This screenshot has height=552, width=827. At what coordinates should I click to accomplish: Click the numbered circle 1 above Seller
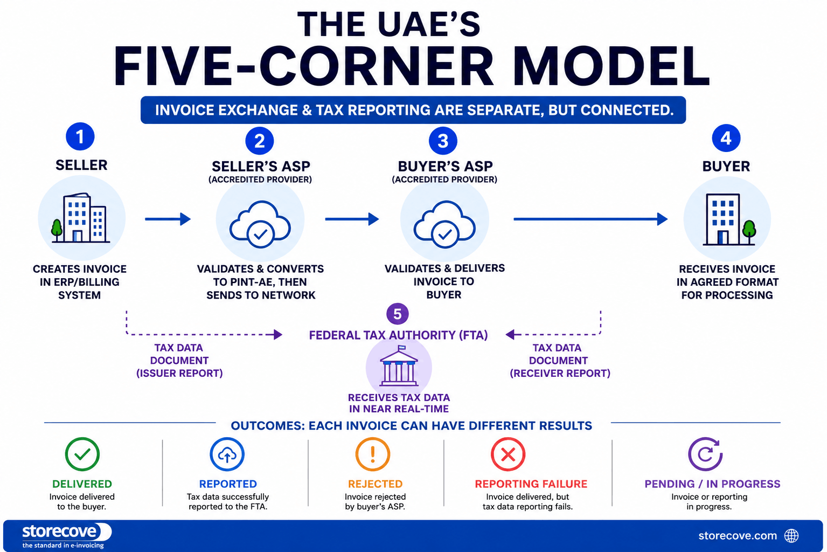tap(80, 136)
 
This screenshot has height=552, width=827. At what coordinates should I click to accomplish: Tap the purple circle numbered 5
tap(397, 314)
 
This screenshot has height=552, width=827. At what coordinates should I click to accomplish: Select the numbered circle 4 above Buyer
tap(726, 138)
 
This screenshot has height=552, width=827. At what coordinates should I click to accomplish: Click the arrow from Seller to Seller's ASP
tap(168, 219)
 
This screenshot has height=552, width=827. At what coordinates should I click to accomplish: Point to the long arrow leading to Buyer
tap(590, 219)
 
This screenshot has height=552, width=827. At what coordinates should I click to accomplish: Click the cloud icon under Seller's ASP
tap(260, 224)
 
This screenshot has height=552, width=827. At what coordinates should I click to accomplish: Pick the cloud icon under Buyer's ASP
tap(444, 224)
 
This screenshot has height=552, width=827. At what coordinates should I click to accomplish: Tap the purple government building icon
tap(399, 366)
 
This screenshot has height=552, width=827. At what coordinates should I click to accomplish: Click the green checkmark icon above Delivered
tap(82, 454)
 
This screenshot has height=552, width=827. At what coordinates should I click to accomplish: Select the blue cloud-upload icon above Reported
tap(227, 454)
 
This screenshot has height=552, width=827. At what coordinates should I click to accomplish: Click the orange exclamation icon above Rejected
tap(372, 454)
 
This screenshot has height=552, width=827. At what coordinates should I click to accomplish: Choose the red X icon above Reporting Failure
tap(508, 454)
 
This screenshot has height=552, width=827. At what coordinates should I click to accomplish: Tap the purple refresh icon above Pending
tap(705, 454)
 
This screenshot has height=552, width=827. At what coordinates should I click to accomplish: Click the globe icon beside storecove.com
tap(791, 536)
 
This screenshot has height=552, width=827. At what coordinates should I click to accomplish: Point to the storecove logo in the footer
tap(66, 535)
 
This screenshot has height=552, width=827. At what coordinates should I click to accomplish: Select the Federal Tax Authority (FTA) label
tap(398, 335)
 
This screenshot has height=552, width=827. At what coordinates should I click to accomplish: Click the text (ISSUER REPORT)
tap(179, 373)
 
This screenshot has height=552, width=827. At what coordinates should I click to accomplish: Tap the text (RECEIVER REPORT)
tap(560, 373)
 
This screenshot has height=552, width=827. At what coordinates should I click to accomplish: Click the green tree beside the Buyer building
tap(749, 232)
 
